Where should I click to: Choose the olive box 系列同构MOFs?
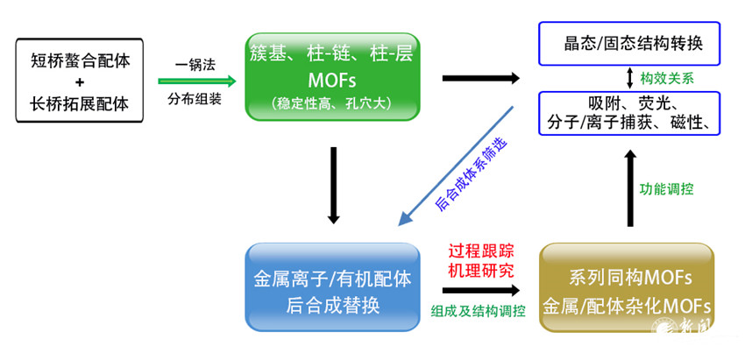pyautogui.click(x=627, y=287)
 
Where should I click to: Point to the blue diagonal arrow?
pyautogui.click(x=456, y=162)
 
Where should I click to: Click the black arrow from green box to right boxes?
pyautogui.click(x=481, y=80)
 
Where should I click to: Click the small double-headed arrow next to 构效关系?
pyautogui.click(x=628, y=77)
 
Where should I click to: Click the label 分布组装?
pyautogui.click(x=195, y=99)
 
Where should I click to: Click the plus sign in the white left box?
pyautogui.click(x=80, y=77)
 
